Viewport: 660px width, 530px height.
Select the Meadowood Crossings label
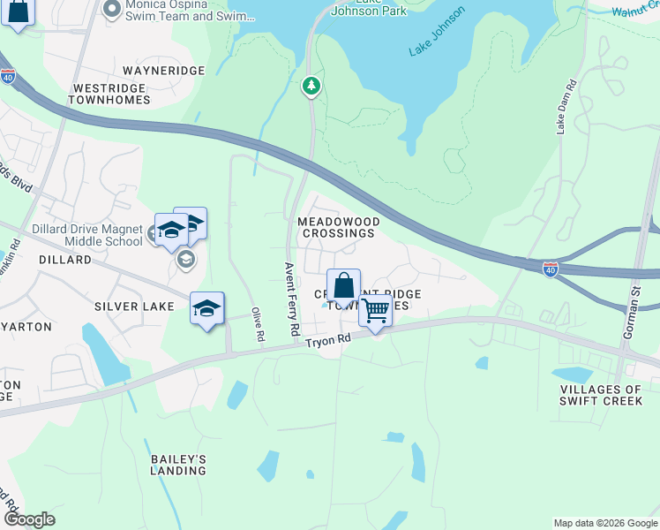click(339, 227)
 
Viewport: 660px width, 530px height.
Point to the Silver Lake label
click(135, 306)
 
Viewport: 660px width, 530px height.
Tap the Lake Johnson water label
click(436, 44)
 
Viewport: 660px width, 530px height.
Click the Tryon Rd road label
click(328, 340)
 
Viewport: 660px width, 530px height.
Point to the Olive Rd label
click(258, 324)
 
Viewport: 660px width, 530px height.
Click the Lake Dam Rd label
click(566, 108)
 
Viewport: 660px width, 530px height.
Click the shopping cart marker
click(376, 311)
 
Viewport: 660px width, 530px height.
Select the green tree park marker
click(311, 86)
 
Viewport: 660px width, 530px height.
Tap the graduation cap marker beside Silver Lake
click(206, 308)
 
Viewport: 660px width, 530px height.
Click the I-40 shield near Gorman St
click(551, 268)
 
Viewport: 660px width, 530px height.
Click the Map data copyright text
click(605, 523)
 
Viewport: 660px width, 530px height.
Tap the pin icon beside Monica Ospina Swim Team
click(111, 10)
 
